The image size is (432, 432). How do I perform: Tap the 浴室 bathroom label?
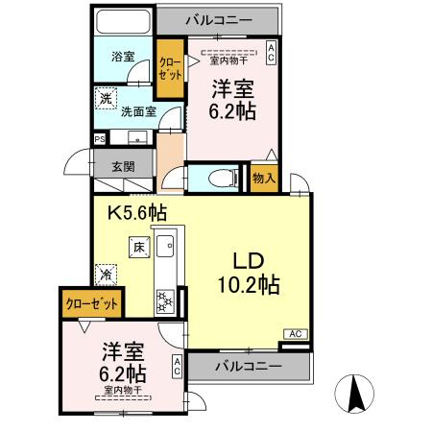tap(122, 57)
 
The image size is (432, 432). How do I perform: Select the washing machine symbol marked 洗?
tap(104, 97)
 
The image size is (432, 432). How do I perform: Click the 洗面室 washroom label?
tap(136, 110)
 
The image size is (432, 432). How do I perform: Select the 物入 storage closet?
tap(264, 178)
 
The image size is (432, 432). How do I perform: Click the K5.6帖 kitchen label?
tap(136, 213)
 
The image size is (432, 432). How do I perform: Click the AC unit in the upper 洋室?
tap(273, 53)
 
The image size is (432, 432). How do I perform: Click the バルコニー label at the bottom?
tap(248, 366)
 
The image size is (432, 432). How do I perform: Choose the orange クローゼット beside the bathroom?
tap(171, 69)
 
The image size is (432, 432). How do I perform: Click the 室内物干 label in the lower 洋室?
tap(123, 391)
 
